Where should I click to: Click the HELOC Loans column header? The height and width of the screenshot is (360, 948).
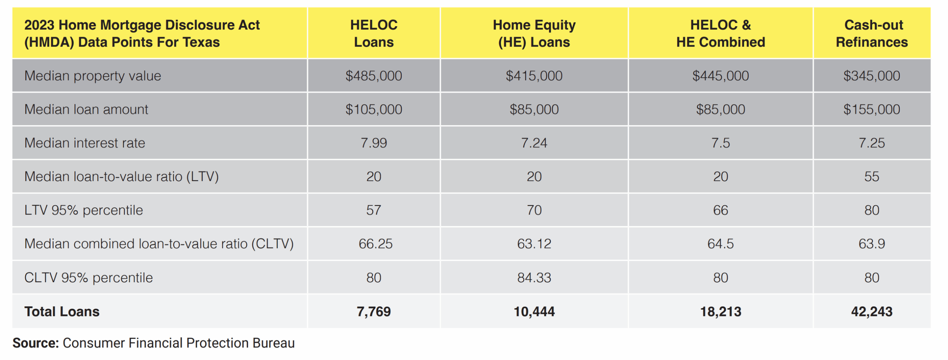[x=374, y=33]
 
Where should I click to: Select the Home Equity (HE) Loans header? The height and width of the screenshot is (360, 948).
[x=534, y=33]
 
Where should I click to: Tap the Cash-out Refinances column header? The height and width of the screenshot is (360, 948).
[x=872, y=33]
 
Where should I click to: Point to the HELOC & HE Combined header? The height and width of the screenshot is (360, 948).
[x=720, y=33]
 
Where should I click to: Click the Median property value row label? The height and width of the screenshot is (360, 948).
[x=93, y=76]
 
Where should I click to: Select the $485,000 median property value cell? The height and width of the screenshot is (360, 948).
[x=374, y=76]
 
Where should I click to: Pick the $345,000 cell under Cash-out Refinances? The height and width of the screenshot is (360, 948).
[x=872, y=76]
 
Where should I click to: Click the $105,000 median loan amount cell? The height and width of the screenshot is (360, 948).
[x=374, y=110]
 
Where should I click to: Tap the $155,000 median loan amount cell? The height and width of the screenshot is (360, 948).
[x=872, y=110]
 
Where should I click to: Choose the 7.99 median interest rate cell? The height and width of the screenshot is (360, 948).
[x=374, y=143]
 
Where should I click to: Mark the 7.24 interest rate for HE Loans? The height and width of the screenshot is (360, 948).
[x=534, y=143]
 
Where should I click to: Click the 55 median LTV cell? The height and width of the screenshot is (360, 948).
[x=872, y=177]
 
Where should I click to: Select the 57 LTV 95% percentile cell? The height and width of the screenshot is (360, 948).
[x=374, y=210]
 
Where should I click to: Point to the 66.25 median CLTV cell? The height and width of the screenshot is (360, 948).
[x=375, y=244]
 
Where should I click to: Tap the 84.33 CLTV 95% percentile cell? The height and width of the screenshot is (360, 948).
[x=534, y=278]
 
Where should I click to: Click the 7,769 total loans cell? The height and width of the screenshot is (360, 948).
[x=374, y=312]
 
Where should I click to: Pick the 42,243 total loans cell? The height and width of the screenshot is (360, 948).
[x=872, y=312]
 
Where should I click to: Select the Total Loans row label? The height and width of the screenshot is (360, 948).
[x=62, y=312]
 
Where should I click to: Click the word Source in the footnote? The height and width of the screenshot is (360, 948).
[x=36, y=343]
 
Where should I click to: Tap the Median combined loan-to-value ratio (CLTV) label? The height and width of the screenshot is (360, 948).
[x=159, y=244]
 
